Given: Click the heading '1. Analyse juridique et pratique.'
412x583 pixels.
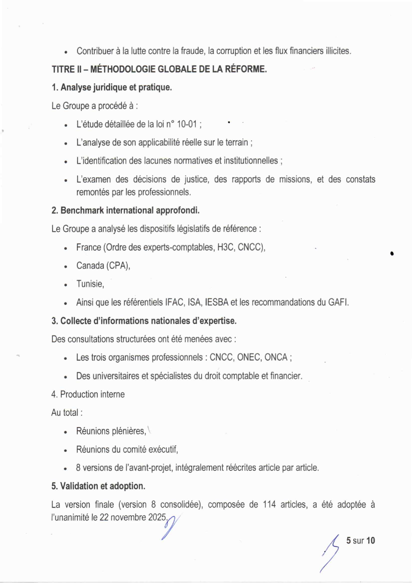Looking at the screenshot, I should (x=112, y=87).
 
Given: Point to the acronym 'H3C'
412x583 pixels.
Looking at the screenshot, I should (x=226, y=247).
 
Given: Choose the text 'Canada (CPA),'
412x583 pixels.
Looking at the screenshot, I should (x=103, y=266).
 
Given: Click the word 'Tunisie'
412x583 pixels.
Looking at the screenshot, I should (x=89, y=284).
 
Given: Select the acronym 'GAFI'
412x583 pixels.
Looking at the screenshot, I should (x=338, y=302).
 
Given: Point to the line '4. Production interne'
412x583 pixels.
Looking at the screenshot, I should (x=88, y=394).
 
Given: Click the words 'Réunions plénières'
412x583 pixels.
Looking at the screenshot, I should (x=111, y=431).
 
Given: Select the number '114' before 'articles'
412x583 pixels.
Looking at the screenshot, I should (x=269, y=505).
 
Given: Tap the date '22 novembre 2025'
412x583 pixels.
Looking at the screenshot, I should (x=133, y=517).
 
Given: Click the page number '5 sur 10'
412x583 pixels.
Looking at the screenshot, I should (x=360, y=540).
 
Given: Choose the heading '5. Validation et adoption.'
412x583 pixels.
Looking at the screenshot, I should (x=98, y=486).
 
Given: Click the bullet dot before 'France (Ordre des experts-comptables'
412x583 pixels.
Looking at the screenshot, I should (x=66, y=248).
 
